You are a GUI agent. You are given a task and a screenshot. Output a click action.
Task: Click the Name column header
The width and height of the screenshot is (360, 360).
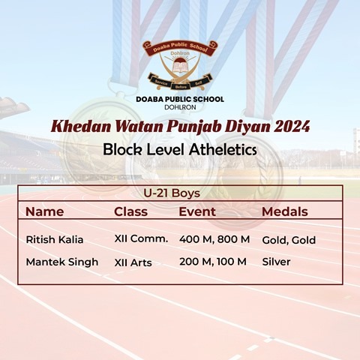click(45, 211)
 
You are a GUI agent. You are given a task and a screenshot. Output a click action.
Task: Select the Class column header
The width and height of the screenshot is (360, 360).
click(130, 211)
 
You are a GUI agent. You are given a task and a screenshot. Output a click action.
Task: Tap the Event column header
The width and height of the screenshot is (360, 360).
click(197, 211)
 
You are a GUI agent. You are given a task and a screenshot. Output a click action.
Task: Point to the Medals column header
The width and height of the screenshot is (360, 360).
click(285, 211)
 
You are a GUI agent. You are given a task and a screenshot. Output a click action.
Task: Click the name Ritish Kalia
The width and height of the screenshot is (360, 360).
click(55, 239)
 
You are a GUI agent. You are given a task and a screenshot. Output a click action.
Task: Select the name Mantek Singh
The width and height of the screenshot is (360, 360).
click(62, 262)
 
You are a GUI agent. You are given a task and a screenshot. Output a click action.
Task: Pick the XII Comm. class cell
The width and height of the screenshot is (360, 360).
click(141, 238)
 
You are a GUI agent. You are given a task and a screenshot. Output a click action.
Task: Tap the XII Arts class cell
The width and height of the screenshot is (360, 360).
click(133, 262)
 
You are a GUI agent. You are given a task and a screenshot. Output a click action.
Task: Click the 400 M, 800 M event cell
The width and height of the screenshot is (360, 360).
click(214, 239)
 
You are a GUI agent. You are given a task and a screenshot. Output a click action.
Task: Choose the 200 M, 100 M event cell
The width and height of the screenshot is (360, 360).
click(213, 262)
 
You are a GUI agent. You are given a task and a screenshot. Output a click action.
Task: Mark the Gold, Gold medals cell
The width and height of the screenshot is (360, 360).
click(289, 240)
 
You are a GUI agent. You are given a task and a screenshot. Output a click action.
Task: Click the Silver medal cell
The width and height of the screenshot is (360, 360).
click(276, 262)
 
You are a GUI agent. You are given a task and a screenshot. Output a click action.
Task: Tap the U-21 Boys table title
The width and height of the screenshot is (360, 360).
click(172, 193)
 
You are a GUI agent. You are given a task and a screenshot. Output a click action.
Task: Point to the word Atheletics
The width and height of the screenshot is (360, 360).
click(223, 150)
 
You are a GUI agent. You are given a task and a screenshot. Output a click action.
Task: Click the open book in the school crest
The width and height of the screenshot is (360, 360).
click(181, 67)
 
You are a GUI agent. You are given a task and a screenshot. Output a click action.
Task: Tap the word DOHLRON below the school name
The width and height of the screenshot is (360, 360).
click(180, 107)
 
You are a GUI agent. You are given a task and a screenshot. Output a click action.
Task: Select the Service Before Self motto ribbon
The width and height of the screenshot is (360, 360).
click(180, 82)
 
